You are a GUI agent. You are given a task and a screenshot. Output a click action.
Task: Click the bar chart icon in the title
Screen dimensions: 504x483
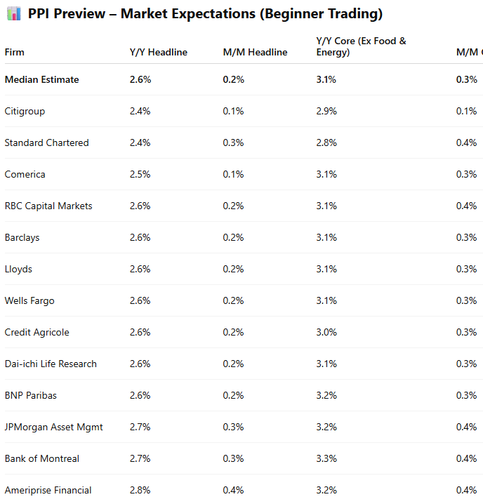point(13,14)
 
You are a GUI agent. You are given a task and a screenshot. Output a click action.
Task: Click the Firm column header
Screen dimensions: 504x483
point(14,52)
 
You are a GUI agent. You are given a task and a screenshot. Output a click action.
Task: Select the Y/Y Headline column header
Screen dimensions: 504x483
point(158,52)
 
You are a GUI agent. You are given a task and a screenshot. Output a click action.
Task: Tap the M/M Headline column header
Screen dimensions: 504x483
point(255,52)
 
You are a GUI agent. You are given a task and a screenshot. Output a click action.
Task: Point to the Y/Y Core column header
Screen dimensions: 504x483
point(361,46)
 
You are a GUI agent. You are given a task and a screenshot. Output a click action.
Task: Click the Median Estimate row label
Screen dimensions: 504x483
point(41,79)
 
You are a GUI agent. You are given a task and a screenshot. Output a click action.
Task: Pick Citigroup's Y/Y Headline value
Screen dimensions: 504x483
point(140,111)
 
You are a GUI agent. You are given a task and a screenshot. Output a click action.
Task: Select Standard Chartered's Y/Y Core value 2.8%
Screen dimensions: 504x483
point(326,142)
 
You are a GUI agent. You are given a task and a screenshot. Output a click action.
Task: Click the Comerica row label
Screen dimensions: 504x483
point(25,174)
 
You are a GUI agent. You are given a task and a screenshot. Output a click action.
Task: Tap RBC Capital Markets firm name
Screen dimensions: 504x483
point(48,206)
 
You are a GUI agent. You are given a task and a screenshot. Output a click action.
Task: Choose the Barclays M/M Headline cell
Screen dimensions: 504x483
point(233,237)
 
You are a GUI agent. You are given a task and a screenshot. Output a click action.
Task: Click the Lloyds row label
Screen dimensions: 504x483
point(18,269)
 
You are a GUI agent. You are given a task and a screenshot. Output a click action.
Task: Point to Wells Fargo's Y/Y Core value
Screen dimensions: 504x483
point(326,300)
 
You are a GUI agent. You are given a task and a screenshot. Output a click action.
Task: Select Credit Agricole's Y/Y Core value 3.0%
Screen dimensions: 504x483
point(326,332)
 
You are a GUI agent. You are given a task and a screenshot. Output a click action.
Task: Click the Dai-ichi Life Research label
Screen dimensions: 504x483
point(51,364)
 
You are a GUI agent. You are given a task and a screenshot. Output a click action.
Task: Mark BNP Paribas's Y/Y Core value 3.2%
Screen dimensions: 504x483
point(326,395)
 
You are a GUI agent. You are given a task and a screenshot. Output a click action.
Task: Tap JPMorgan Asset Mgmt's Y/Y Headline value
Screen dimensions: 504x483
point(140,427)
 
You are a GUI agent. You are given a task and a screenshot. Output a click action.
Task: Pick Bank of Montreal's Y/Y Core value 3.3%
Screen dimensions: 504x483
point(326,458)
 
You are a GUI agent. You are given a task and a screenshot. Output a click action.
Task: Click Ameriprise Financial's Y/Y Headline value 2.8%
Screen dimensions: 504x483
point(140,490)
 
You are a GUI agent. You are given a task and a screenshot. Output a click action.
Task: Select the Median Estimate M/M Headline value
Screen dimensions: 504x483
point(233,79)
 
